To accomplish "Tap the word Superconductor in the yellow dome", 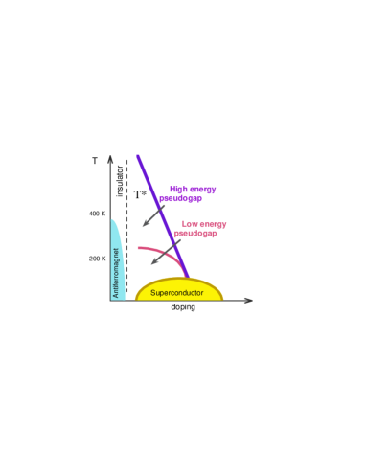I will point(177,292).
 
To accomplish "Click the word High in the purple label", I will point(176,190).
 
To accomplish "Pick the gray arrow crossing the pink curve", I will point(165,253).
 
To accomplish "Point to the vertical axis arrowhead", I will point(111,157).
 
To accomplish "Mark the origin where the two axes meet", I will point(111,301).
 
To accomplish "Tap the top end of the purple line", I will point(138,155).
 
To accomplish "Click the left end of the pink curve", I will point(137,248).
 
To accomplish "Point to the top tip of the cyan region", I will point(112,220).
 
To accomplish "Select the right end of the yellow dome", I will point(222,299).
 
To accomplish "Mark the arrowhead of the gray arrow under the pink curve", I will point(152,263).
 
